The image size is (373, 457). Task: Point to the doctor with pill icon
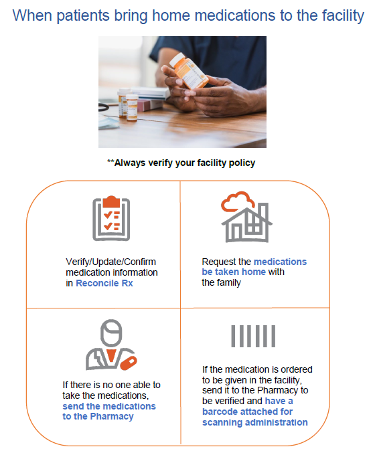(109, 345)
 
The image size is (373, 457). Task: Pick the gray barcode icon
(252, 336)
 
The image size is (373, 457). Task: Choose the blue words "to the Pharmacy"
(98, 416)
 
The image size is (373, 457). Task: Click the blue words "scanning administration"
(254, 422)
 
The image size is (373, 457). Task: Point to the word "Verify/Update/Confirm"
(110, 262)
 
